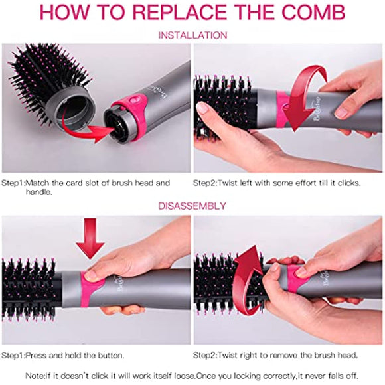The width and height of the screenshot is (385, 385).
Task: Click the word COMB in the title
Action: pos(313,13)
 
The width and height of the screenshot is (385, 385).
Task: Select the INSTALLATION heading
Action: pos(193,35)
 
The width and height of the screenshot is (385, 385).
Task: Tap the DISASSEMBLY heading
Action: pos(193,206)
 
